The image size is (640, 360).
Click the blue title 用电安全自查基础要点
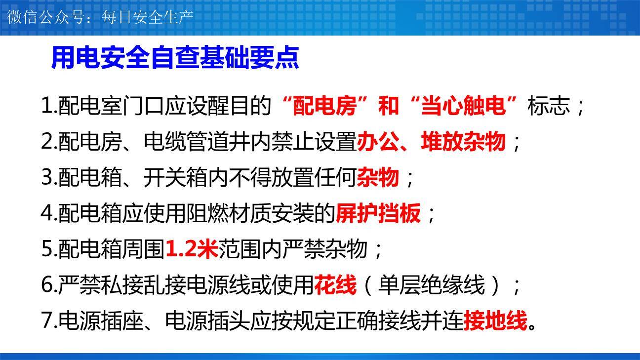click(175, 58)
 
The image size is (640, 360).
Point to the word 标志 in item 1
click(549, 106)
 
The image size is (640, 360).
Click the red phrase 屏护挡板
click(378, 213)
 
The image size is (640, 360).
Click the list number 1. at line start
click(49, 106)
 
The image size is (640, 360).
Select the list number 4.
click(49, 213)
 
